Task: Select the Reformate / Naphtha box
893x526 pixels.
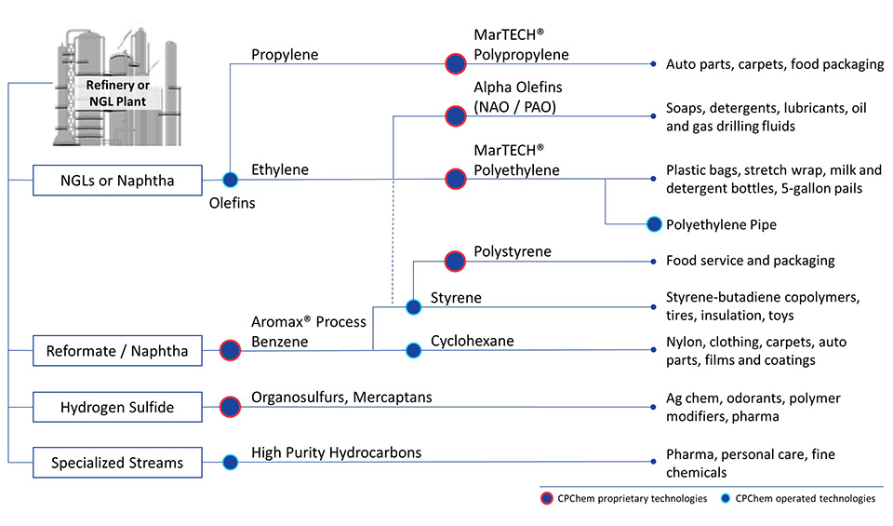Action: pos(116,351)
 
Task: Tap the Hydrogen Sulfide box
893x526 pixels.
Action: pos(116,408)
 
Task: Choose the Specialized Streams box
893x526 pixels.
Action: pos(116,462)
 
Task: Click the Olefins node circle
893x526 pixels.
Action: pos(230,181)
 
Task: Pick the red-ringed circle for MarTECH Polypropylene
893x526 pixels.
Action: pos(456,64)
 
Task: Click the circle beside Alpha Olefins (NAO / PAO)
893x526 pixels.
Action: pos(456,116)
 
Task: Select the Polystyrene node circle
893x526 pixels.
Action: pos(456,262)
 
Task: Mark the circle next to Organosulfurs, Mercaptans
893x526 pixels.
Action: pos(230,408)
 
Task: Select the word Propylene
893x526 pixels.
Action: pos(285,55)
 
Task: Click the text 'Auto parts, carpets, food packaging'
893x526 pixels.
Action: pos(774,64)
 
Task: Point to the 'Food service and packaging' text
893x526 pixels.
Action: pos(750,261)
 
